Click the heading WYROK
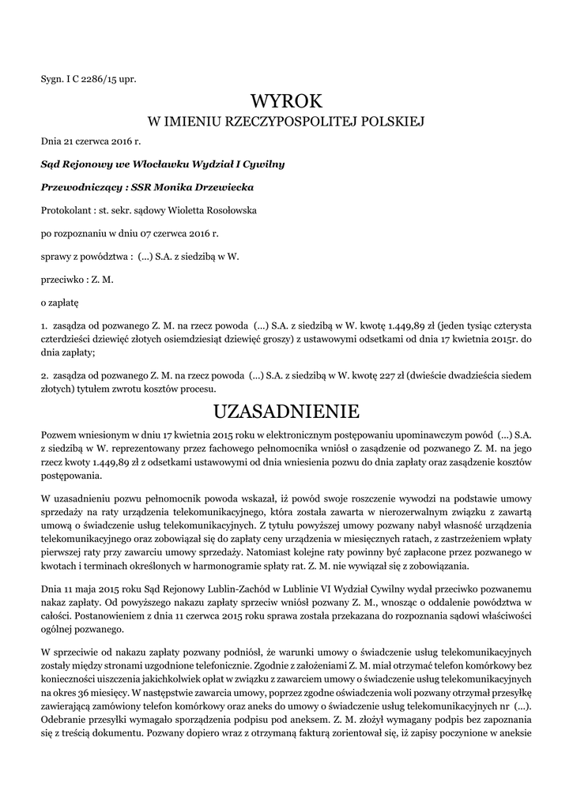pyautogui.click(x=287, y=100)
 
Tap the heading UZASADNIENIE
pyautogui.click(x=287, y=412)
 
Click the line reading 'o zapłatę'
pyautogui.click(x=59, y=302)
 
